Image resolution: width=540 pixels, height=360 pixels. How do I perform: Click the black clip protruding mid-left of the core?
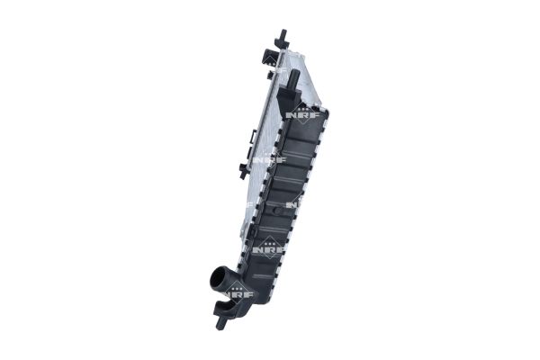click(x=241, y=168)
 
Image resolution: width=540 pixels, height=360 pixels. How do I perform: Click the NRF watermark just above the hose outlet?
click(x=263, y=249)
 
